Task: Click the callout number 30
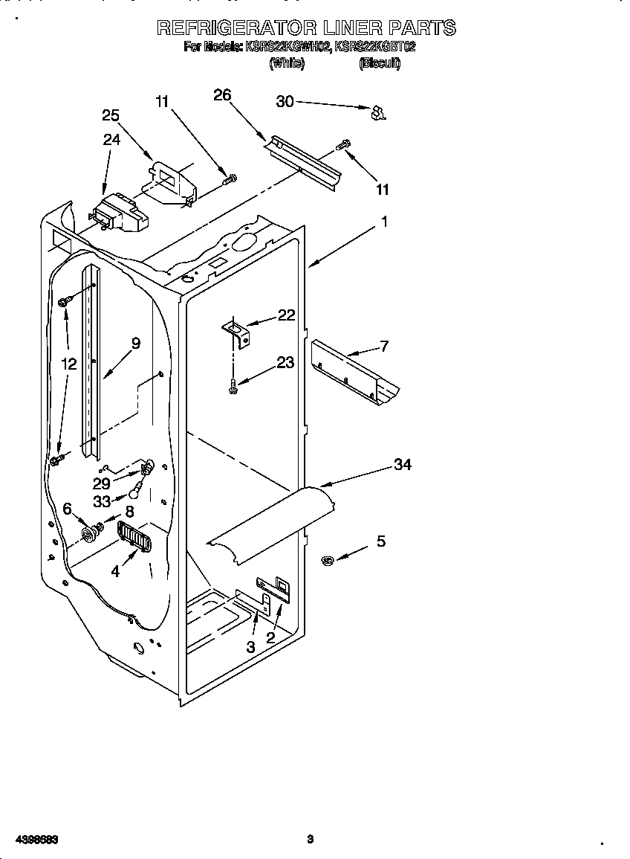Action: click(x=285, y=102)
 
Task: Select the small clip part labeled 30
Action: click(x=379, y=112)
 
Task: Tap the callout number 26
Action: click(x=222, y=94)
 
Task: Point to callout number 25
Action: click(x=111, y=115)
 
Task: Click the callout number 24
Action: click(x=111, y=139)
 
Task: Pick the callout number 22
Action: click(x=286, y=315)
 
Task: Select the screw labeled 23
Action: click(x=233, y=386)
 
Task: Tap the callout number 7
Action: click(x=384, y=345)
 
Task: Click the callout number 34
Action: click(x=403, y=465)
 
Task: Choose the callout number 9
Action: click(x=135, y=343)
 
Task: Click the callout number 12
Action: click(x=68, y=364)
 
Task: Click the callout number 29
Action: click(x=102, y=483)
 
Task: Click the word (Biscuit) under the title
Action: click(x=380, y=64)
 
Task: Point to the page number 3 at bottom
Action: click(x=311, y=840)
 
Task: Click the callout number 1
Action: click(x=385, y=221)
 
